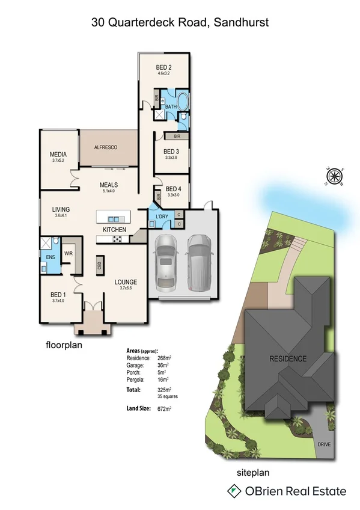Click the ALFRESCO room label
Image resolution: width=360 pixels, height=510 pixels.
pos(105,147)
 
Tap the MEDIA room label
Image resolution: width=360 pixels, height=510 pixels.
pos(58,155)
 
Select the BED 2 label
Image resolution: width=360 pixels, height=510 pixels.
pos(165,67)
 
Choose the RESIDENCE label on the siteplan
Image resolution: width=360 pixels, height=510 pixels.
pos(287,359)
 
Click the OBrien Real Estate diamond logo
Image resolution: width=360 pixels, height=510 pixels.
pos(232,491)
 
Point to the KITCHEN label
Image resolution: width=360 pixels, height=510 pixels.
pos(114,230)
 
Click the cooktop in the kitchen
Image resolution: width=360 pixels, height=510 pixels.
pos(117,239)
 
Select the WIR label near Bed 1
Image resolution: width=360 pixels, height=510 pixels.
pos(68,254)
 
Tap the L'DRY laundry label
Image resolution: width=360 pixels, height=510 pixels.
pos(161,216)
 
